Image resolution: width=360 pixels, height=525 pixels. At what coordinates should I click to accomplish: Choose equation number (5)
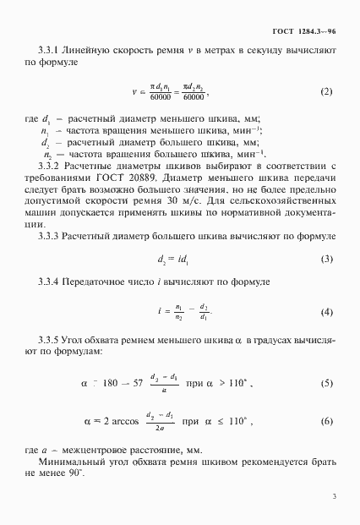[326, 384]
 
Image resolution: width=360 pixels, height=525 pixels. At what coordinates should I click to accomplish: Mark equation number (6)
[326, 420]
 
